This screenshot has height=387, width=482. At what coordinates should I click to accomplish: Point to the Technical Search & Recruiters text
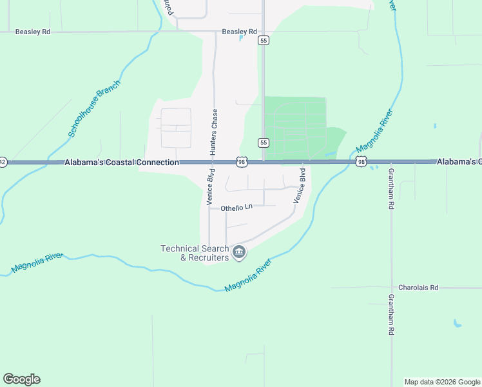[x=195, y=253]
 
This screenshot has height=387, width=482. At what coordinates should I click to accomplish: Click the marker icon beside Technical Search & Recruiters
[x=239, y=252]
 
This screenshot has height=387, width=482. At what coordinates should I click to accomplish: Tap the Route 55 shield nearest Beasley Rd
[x=263, y=40]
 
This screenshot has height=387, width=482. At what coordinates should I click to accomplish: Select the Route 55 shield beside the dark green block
[x=263, y=142]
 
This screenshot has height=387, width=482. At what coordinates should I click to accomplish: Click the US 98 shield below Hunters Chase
[x=241, y=163]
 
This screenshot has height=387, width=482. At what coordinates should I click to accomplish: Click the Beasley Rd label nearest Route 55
[x=239, y=31]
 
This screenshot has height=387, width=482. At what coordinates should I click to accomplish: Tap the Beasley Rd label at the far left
[x=33, y=31]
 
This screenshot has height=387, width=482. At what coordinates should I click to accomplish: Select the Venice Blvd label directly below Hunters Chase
[x=210, y=187]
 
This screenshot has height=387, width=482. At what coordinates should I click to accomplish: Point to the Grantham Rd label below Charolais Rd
[x=391, y=315]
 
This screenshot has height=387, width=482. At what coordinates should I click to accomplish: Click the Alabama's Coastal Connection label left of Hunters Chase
[x=122, y=163]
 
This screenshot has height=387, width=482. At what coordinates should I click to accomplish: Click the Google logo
[x=21, y=379]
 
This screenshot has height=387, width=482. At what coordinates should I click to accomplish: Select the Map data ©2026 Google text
[x=441, y=382]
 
